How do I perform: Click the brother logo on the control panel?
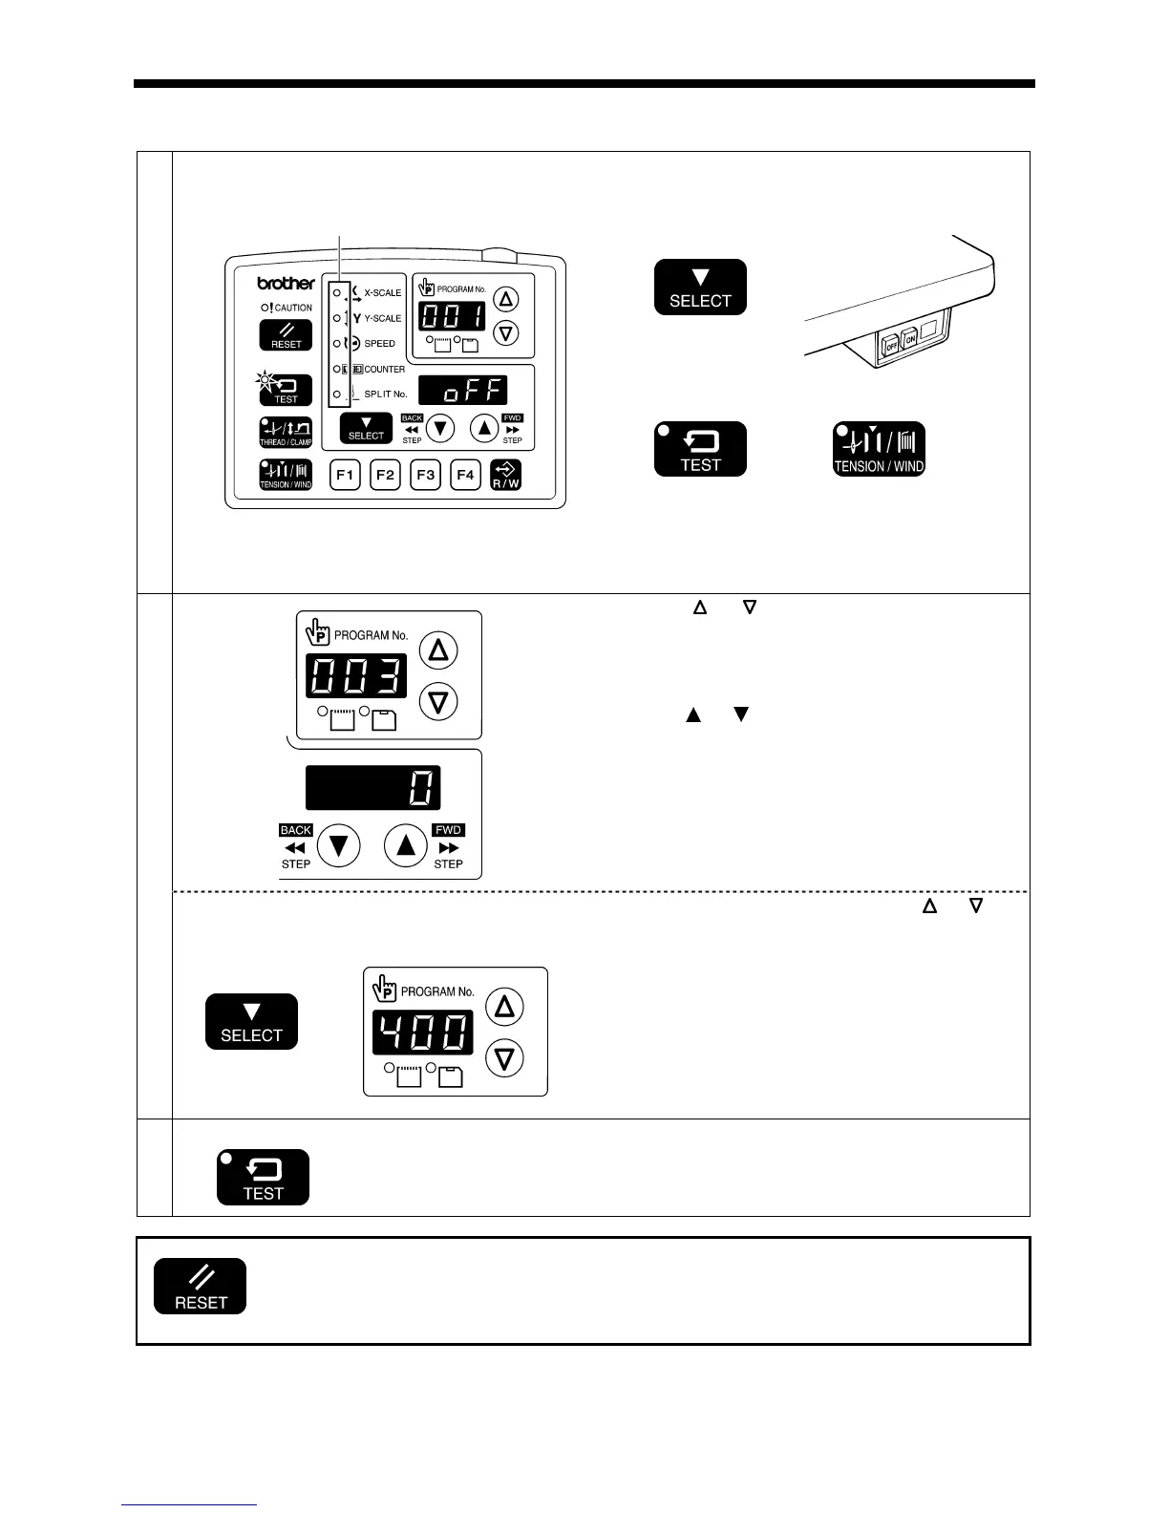[x=286, y=284]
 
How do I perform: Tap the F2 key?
[x=385, y=475]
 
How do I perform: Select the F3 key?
[x=425, y=475]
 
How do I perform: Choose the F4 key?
[x=465, y=475]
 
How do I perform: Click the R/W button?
[x=505, y=475]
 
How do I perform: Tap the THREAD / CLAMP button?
[x=286, y=433]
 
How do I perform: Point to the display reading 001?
[x=453, y=317]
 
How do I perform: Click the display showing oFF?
[x=463, y=390]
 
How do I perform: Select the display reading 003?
[x=355, y=676]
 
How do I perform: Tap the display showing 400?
[x=423, y=1033]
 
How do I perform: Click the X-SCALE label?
[x=383, y=293]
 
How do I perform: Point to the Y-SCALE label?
[x=383, y=318]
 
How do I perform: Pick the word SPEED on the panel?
[x=379, y=344]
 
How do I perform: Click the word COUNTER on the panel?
[x=384, y=370]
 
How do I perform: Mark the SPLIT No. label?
[x=385, y=394]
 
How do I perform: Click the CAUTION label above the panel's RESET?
[x=292, y=308]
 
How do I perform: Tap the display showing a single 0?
[x=373, y=789]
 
